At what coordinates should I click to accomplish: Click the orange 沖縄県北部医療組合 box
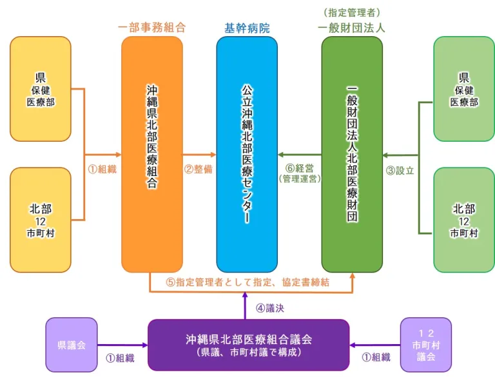tap(152, 154)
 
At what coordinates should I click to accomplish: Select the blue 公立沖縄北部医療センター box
tap(247, 154)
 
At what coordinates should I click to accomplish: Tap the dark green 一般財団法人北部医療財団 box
tap(352, 154)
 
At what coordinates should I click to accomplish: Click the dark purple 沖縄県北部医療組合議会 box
tap(248, 345)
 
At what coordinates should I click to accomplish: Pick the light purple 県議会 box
tap(71, 345)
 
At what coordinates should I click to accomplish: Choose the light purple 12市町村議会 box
tap(425, 345)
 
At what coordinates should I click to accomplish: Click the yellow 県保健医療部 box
tap(41, 89)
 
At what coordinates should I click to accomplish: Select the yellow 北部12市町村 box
tap(41, 220)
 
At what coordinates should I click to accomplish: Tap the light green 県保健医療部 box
tap(464, 89)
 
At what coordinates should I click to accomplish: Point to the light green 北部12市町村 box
tap(464, 220)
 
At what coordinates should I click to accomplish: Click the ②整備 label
tap(199, 169)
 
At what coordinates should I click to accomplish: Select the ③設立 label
tap(400, 171)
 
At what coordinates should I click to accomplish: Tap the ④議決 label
tap(269, 308)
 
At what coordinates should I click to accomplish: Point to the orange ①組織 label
tap(102, 169)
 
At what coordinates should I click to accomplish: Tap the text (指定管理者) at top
tap(352, 12)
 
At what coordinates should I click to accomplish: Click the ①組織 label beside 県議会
tap(120, 358)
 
